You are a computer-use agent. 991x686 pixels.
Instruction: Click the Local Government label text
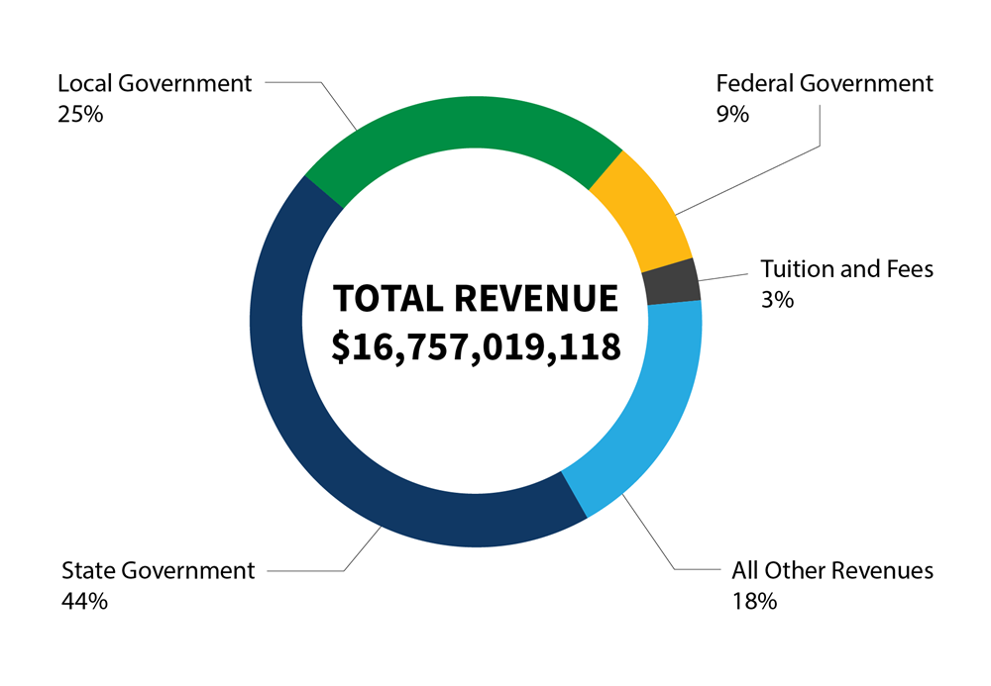click(155, 83)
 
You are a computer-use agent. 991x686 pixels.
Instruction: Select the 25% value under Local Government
click(80, 113)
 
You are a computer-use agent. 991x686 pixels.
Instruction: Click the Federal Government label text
click(825, 83)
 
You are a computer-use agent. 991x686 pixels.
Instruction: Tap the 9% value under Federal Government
click(732, 113)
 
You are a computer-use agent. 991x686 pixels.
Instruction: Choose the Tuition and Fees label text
click(846, 268)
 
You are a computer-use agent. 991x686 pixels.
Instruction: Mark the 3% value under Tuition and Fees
click(777, 298)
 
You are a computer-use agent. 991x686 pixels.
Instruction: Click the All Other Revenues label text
click(832, 570)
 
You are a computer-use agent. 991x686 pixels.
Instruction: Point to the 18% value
click(753, 600)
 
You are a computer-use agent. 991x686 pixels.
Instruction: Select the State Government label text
click(159, 570)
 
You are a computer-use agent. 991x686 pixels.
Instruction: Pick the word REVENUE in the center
click(536, 299)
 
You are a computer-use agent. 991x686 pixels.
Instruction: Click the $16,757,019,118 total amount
click(476, 346)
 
